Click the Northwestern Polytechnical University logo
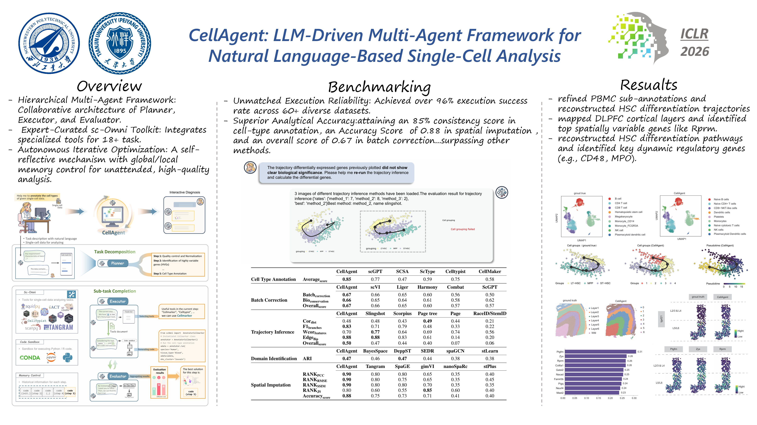point(49,43)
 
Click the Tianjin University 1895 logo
point(120,43)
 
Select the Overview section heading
point(109,86)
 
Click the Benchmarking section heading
point(379,87)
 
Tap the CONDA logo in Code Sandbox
point(30,358)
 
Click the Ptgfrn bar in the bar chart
point(600,352)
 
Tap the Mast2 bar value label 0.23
point(623,393)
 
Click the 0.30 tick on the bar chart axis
point(634,398)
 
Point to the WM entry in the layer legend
point(594,333)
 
